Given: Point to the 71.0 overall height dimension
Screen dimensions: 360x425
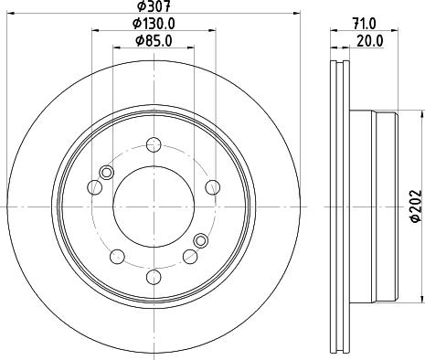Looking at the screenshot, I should pos(367,24).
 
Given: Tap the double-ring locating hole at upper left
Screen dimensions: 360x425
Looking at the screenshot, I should pos(107,174).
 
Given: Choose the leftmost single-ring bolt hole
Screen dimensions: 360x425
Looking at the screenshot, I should pos(92,188).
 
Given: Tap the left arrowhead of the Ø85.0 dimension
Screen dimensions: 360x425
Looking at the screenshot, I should pos(113,48).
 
